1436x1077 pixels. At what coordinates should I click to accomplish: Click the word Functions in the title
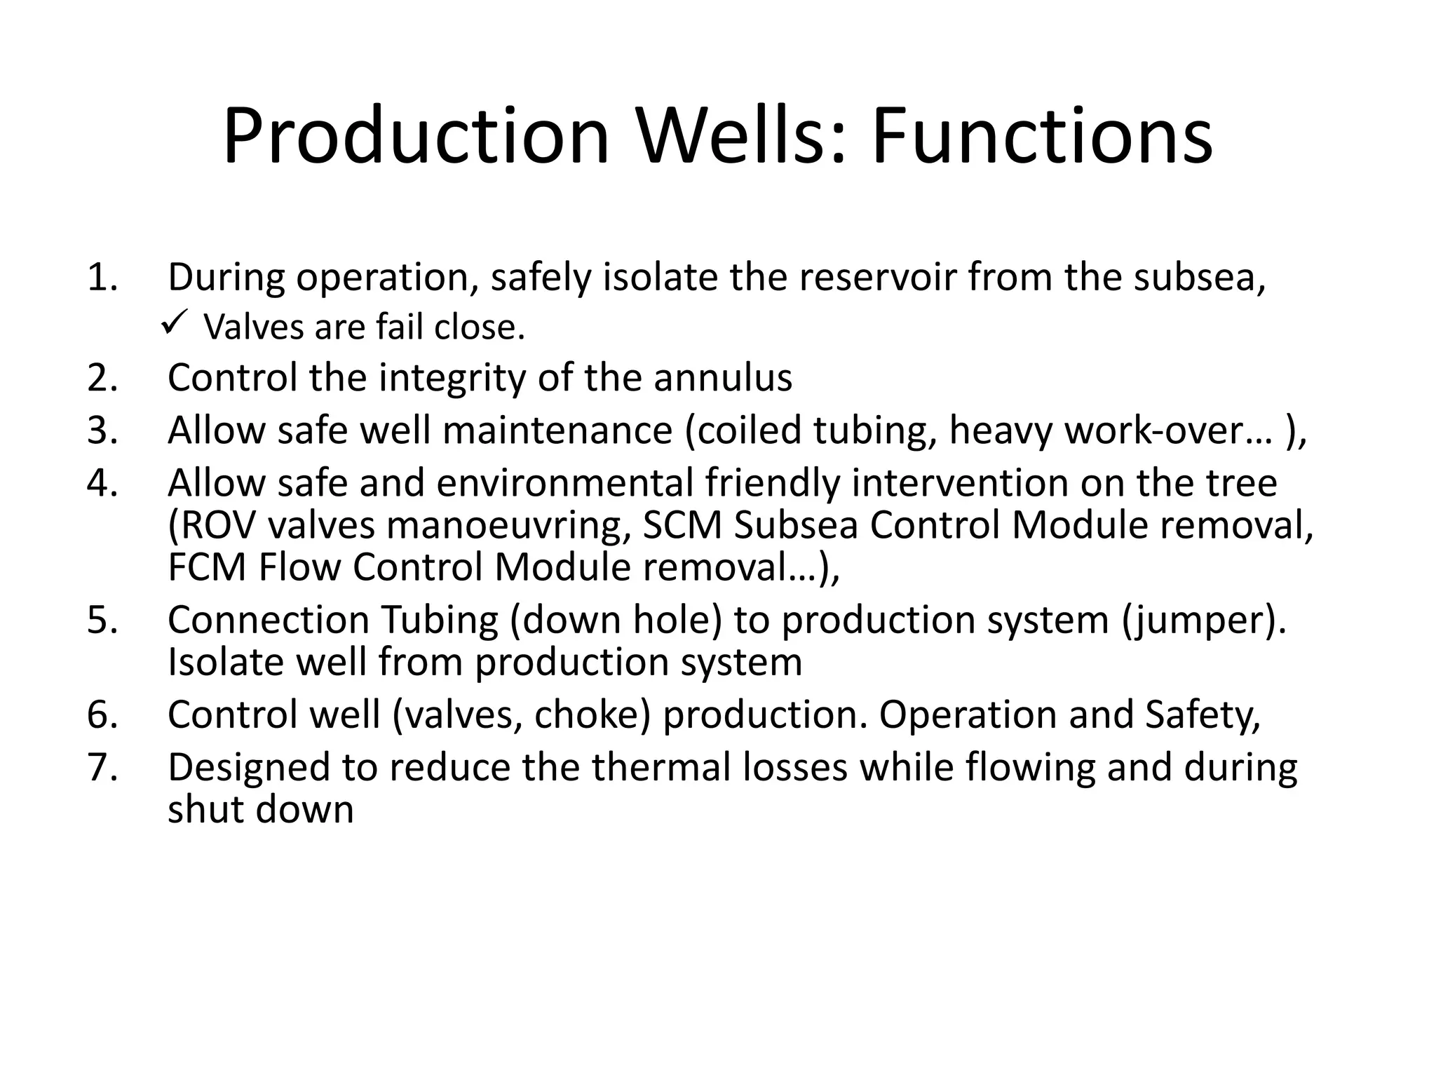(1042, 136)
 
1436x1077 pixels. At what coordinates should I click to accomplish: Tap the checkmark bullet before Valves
(172, 323)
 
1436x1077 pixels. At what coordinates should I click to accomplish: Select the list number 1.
(102, 278)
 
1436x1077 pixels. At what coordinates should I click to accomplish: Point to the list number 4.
(102, 483)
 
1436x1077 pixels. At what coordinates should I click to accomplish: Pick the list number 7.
(102, 767)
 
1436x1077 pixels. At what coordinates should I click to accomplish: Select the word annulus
(723, 378)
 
